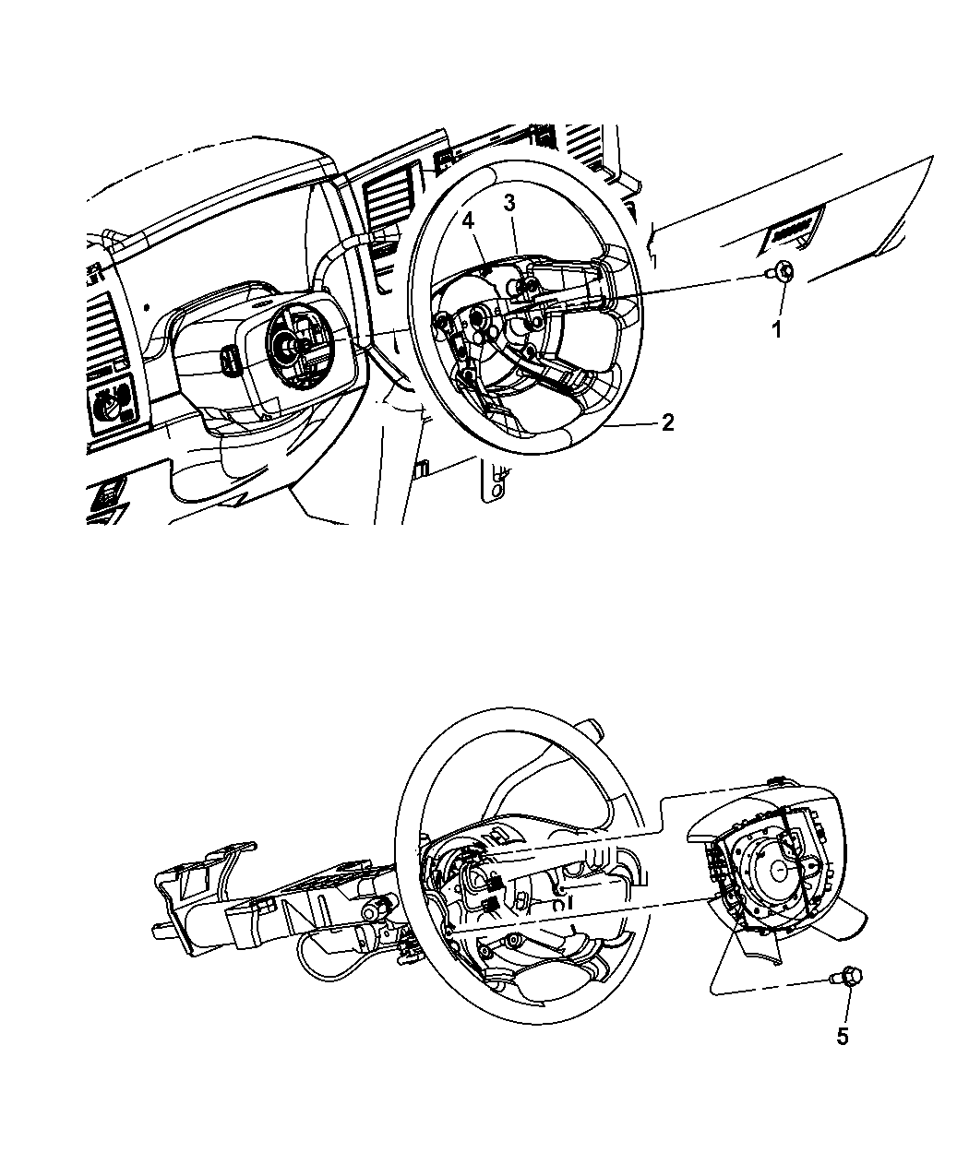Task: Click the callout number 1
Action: coord(777,329)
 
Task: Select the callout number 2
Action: coord(667,422)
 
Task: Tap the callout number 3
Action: coord(509,203)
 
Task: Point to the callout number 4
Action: coord(469,221)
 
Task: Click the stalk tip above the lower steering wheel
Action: coord(591,725)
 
